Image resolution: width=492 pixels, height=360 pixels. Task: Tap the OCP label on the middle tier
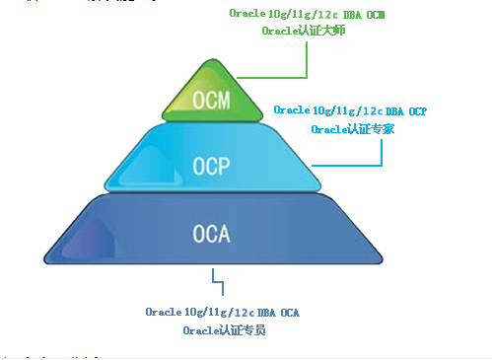point(212,165)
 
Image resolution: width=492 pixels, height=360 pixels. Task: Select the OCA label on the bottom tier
point(211,234)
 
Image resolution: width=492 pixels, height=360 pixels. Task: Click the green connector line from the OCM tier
point(308,59)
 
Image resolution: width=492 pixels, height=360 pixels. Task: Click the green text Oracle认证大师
point(303,31)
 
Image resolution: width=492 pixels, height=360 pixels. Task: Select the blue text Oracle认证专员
point(224,330)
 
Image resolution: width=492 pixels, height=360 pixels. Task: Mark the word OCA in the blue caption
point(288,313)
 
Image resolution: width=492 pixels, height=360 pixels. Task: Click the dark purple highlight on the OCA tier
point(91,242)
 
